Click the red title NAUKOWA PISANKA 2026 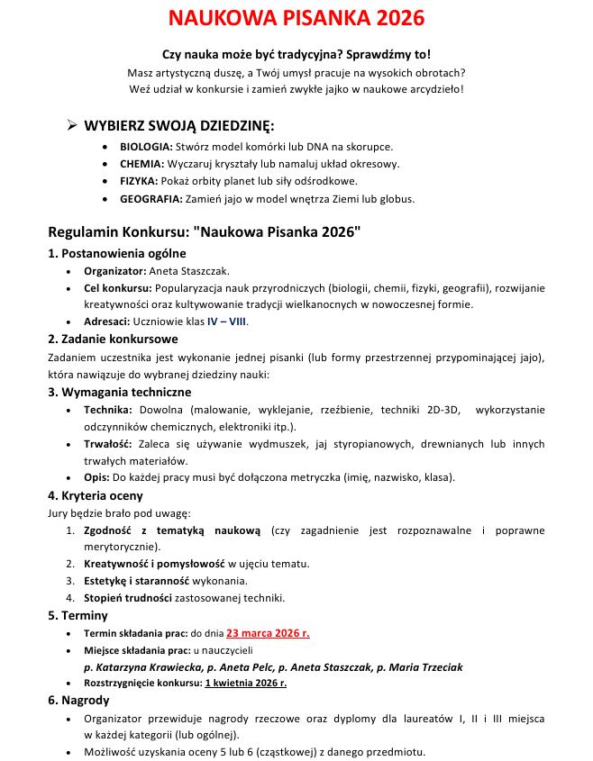pyautogui.click(x=296, y=19)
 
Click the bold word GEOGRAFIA pyautogui.click(x=151, y=199)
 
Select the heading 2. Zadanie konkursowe pyautogui.click(x=113, y=339)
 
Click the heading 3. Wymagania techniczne pyautogui.click(x=119, y=392)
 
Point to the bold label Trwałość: pyautogui.click(x=108, y=444)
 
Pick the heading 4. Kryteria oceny pyautogui.click(x=95, y=495)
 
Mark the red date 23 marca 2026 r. pyautogui.click(x=268, y=633)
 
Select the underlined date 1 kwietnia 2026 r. pyautogui.click(x=245, y=683)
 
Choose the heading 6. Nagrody pyautogui.click(x=78, y=700)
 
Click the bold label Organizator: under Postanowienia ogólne pyautogui.click(x=114, y=270)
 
